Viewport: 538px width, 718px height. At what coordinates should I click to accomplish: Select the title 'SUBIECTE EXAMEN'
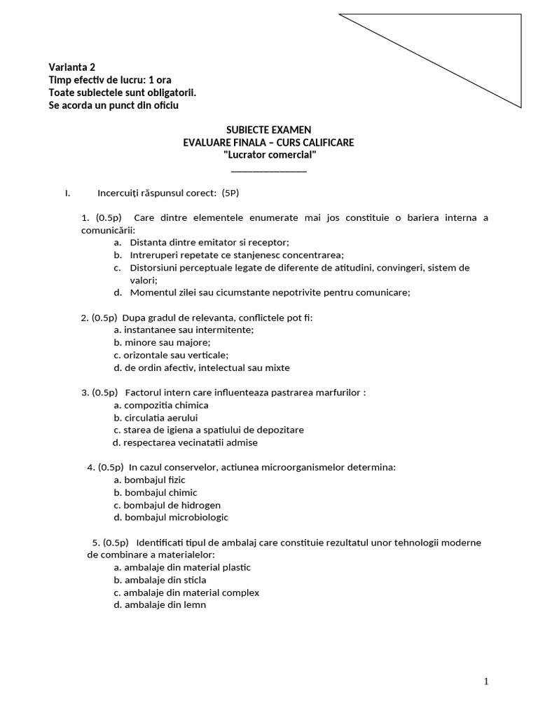click(269, 130)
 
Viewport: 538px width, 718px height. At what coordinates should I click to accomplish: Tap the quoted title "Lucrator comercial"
click(269, 155)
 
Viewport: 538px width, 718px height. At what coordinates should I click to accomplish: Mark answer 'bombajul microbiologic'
click(176, 517)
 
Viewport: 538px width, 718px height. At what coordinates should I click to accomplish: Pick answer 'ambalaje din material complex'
click(191, 592)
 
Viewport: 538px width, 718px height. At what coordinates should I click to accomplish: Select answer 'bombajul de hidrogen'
click(172, 505)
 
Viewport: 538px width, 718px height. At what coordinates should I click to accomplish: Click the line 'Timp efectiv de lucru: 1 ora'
click(110, 80)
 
